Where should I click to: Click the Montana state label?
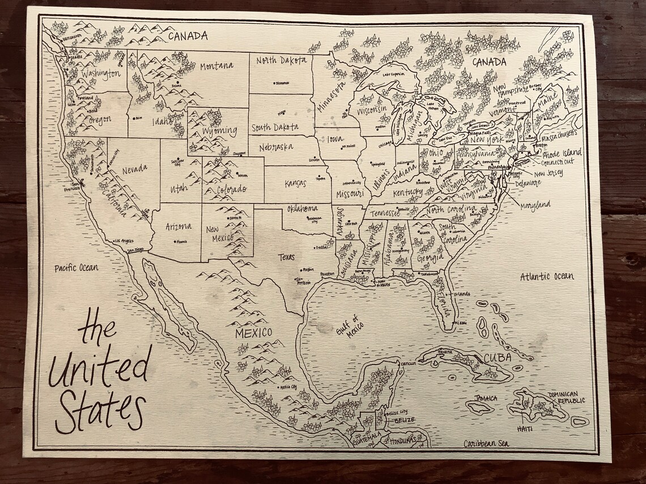click(216, 66)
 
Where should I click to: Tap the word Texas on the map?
click(286, 257)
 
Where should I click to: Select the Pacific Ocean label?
click(76, 268)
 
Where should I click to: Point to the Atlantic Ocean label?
click(546, 276)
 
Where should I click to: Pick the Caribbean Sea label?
click(486, 444)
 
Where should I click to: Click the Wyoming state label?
click(220, 131)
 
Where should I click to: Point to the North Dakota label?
click(281, 61)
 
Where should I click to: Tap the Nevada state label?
click(134, 168)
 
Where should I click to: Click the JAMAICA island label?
click(486, 398)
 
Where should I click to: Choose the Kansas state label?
click(296, 183)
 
